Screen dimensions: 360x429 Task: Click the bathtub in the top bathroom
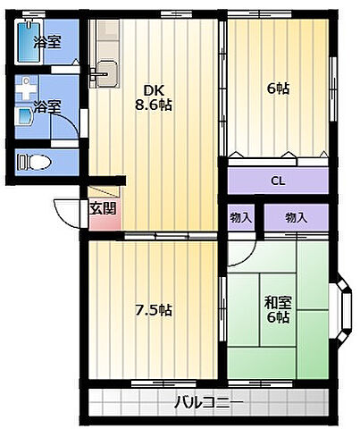(29, 42)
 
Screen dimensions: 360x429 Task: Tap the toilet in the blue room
(34, 162)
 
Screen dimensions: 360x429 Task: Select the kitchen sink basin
(106, 73)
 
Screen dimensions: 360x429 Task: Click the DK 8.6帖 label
(154, 97)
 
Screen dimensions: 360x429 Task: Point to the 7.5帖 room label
(154, 310)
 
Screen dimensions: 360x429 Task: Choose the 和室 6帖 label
(278, 310)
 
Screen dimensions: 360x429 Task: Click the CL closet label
(278, 181)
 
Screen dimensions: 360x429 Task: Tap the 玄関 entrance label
(103, 208)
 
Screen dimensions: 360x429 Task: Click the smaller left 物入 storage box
(241, 217)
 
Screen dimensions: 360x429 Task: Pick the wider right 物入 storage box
(297, 217)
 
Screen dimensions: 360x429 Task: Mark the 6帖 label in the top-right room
(278, 88)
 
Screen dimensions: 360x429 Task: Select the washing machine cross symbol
(27, 88)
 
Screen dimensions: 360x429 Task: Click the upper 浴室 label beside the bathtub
(47, 42)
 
